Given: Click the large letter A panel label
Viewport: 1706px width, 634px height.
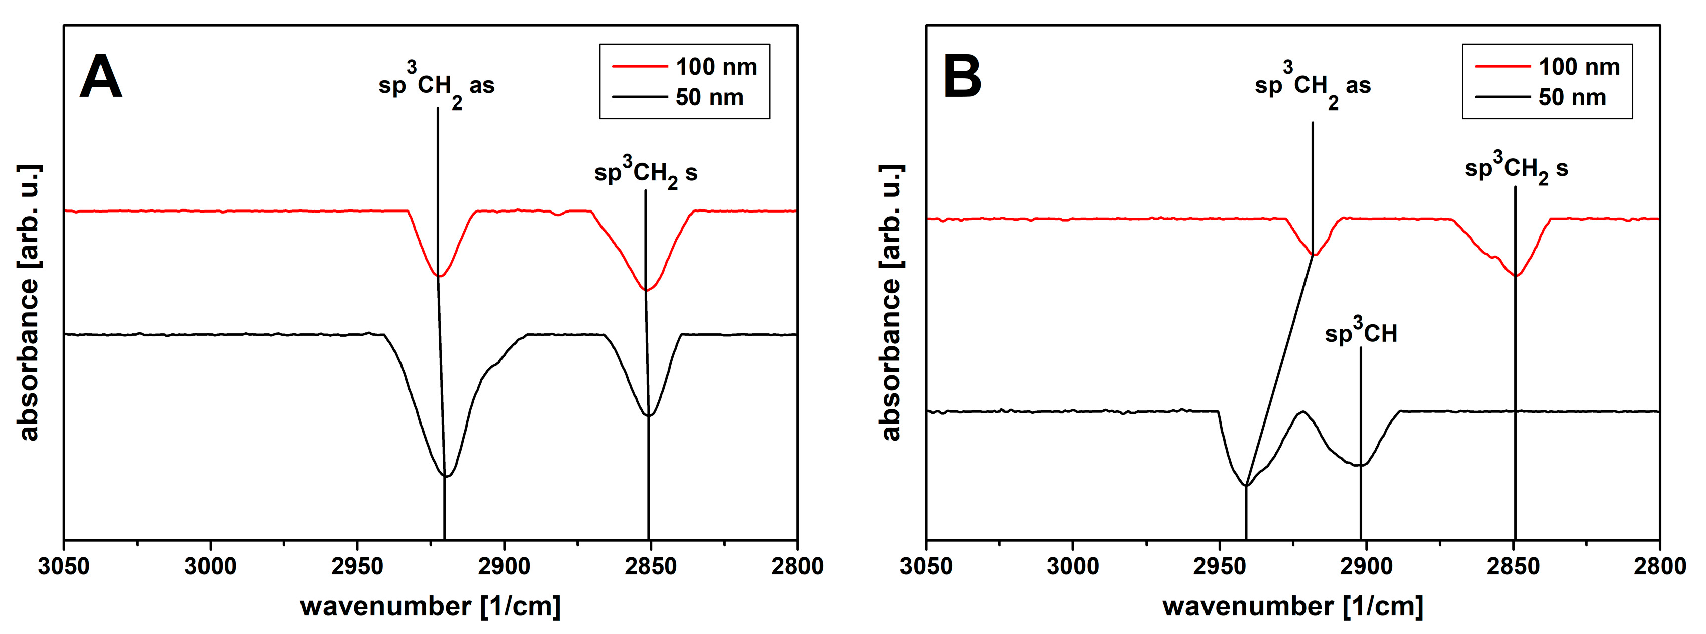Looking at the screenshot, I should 101,77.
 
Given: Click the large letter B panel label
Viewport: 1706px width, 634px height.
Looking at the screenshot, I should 962,77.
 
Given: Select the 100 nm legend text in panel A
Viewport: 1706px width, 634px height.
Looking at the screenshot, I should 716,67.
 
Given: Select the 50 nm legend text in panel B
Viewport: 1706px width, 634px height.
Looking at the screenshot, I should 1572,98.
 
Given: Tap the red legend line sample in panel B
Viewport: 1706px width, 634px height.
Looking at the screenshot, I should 1502,67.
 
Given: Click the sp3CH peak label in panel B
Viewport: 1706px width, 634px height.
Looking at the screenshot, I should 1361,332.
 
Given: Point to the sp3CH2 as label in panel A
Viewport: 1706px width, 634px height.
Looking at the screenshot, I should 437,86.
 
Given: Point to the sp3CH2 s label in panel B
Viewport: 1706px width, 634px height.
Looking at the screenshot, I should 1516,169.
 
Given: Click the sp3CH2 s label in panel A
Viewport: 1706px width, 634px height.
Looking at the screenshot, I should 646,173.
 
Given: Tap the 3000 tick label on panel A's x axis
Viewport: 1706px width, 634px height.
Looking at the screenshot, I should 211,567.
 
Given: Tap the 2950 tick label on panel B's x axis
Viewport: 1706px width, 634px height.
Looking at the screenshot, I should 1219,567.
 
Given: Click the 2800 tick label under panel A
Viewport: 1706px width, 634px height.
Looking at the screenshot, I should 796,567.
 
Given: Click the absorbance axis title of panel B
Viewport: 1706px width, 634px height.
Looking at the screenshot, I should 891,302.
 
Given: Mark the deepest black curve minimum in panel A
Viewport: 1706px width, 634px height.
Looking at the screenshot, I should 446,476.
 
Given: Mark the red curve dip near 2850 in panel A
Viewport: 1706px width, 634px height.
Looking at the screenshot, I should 646,290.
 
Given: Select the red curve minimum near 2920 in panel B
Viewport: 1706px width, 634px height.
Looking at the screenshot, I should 1315,255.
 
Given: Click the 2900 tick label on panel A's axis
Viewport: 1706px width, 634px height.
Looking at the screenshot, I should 504,567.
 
